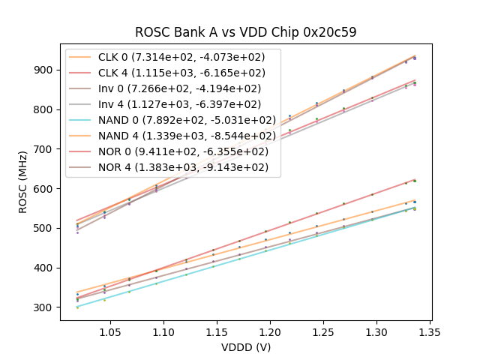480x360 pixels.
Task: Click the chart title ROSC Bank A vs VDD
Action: pos(245,32)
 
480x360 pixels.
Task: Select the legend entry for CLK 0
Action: pos(172,58)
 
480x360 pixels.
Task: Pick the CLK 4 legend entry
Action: pos(172,73)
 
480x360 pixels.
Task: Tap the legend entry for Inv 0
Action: pos(172,88)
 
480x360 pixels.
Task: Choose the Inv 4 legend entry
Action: pos(172,104)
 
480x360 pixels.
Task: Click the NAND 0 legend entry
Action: pos(172,120)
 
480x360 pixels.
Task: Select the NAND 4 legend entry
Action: pos(172,136)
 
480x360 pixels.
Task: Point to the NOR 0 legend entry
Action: pos(172,151)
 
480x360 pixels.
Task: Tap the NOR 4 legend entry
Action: pos(172,166)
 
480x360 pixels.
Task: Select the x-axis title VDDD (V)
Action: pos(245,347)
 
